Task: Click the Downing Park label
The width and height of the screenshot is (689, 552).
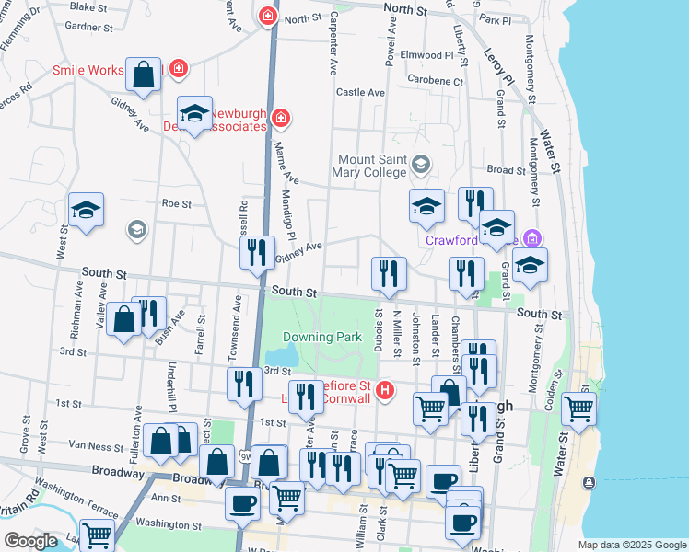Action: pyautogui.click(x=321, y=338)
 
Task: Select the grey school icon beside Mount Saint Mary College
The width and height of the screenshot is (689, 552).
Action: pyautogui.click(x=421, y=165)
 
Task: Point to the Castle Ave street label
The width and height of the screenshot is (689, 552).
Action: pyautogui.click(x=360, y=93)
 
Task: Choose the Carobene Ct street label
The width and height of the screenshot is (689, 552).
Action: pyautogui.click(x=438, y=82)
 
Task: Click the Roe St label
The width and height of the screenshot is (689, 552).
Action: pyautogui.click(x=176, y=204)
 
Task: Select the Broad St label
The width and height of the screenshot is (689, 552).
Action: pyautogui.click(x=506, y=170)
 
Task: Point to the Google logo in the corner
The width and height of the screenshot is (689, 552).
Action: pyautogui.click(x=30, y=540)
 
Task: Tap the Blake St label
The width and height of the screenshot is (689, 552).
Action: pyautogui.click(x=88, y=7)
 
